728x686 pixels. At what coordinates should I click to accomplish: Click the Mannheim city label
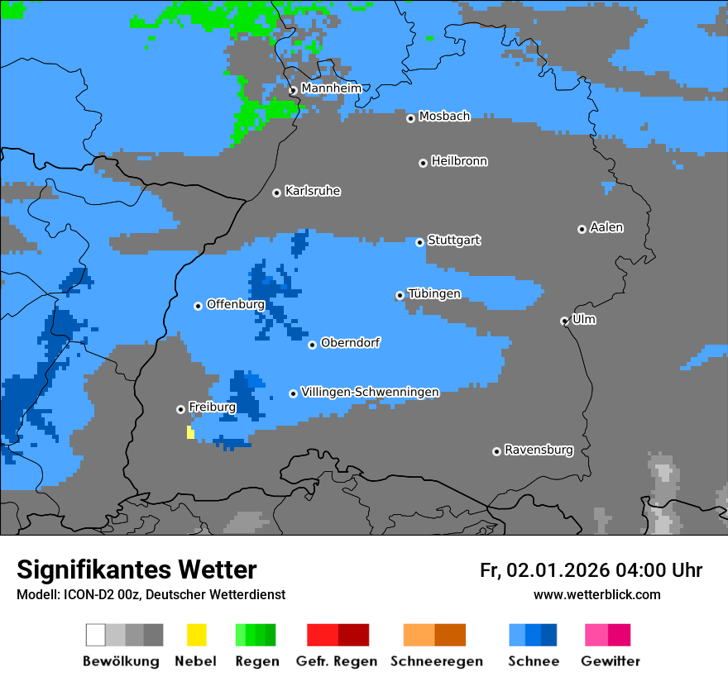pyautogui.click(x=332, y=88)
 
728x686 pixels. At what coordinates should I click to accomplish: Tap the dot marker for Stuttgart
pyautogui.click(x=419, y=242)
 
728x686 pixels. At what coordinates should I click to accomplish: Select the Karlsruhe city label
pyautogui.click(x=313, y=191)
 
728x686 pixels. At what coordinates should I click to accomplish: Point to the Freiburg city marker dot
pyautogui.click(x=180, y=409)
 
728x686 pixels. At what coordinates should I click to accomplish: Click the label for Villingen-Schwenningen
pyautogui.click(x=370, y=392)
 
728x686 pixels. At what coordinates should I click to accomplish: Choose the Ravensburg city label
pyautogui.click(x=539, y=450)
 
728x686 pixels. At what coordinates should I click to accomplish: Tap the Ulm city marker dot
pyautogui.click(x=564, y=321)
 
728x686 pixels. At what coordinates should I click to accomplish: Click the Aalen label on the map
pyautogui.click(x=606, y=227)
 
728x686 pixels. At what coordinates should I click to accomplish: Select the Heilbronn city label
pyautogui.click(x=459, y=161)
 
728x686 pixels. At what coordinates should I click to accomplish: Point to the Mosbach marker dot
pyautogui.click(x=410, y=118)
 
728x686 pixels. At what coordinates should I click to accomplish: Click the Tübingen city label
pyautogui.click(x=434, y=293)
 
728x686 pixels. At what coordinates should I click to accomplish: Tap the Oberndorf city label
pyautogui.click(x=351, y=342)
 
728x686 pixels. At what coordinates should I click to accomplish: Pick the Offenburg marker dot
pyautogui.click(x=198, y=306)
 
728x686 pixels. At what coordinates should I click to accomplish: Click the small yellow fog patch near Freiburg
pyautogui.click(x=190, y=432)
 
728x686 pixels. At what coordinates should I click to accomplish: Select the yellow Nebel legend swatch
pyautogui.click(x=196, y=635)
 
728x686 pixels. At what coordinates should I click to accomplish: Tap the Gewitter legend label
pyautogui.click(x=610, y=661)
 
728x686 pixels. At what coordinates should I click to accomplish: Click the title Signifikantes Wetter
pyautogui.click(x=136, y=569)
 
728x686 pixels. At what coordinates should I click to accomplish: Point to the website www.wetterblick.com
pyautogui.click(x=596, y=594)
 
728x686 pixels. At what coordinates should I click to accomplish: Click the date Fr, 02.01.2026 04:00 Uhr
pyautogui.click(x=591, y=570)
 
